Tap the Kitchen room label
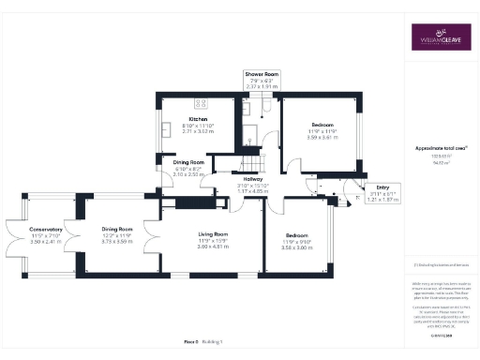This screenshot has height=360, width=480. point(198,120)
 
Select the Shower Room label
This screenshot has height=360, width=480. point(262,73)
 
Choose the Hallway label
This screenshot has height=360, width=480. point(253,179)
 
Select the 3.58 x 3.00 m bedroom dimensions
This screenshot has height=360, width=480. point(296,247)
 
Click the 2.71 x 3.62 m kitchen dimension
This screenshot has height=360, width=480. point(198,132)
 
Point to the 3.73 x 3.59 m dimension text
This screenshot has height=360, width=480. point(117,241)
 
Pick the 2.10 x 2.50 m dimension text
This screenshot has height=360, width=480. point(188,174)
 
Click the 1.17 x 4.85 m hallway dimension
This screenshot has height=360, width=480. point(253,191)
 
